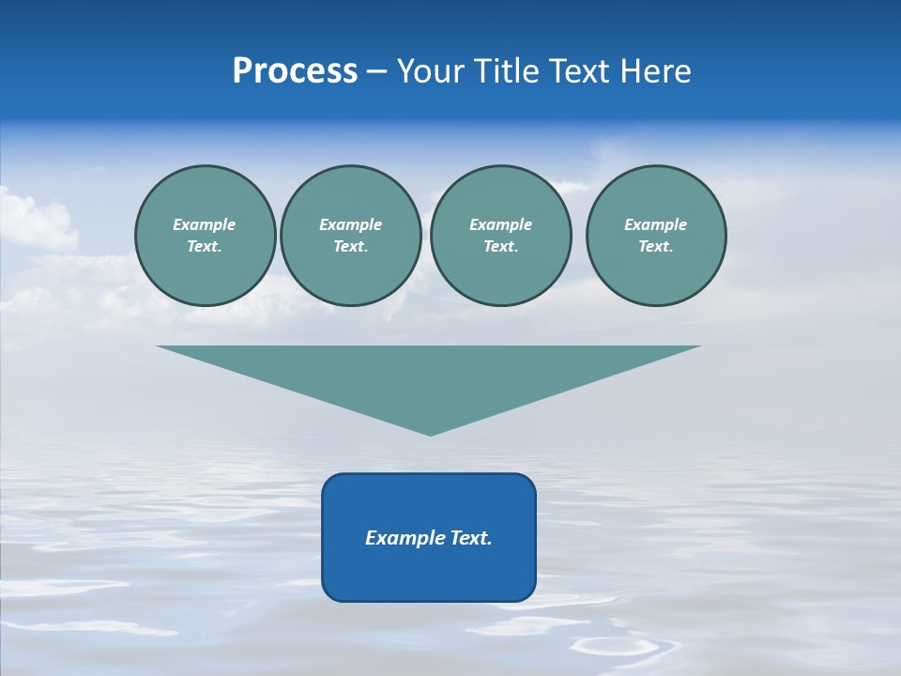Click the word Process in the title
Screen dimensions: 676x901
(295, 71)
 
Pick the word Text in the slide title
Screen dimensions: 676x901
(578, 71)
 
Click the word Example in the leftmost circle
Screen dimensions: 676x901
(205, 224)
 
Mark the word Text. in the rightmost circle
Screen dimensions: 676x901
(655, 246)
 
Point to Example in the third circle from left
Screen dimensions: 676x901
(500, 224)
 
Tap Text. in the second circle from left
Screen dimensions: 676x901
(350, 246)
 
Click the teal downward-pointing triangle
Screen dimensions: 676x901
(429, 376)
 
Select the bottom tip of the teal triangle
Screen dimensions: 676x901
(430, 433)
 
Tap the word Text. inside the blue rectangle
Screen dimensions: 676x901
(471, 538)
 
